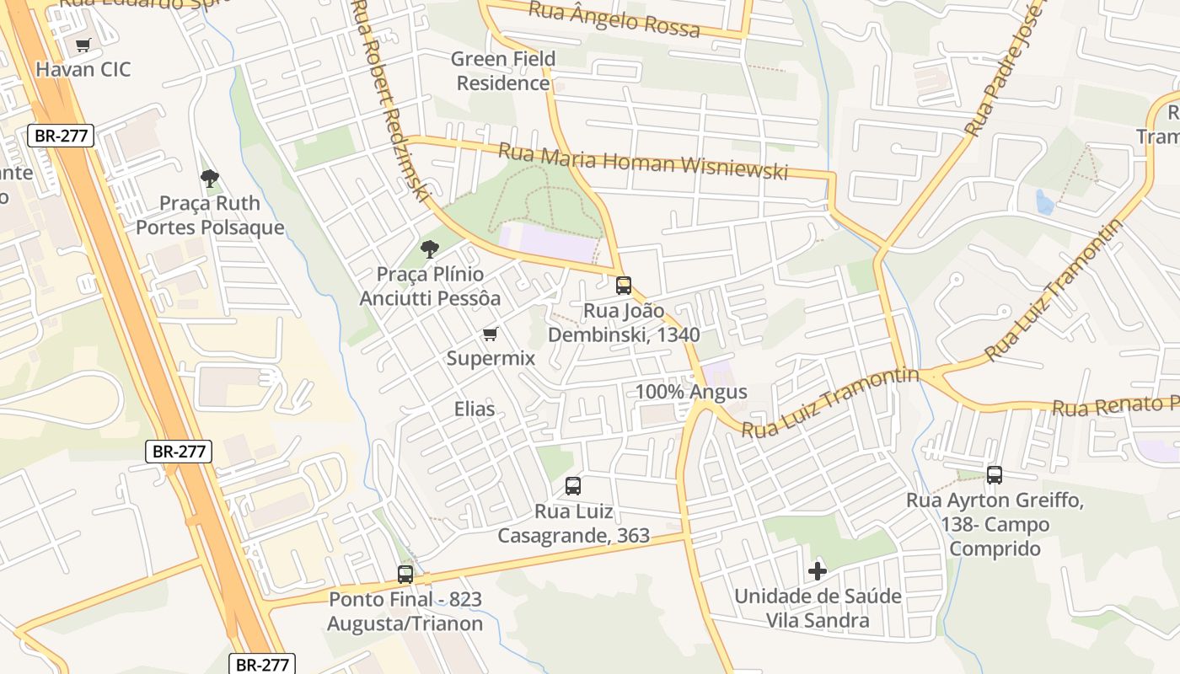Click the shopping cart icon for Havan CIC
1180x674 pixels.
point(83,45)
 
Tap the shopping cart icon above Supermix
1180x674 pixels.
point(490,334)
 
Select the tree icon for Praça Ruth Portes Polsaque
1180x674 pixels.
point(210,178)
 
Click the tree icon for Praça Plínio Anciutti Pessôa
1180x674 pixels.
point(430,249)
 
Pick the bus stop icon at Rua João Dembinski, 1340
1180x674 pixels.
point(624,286)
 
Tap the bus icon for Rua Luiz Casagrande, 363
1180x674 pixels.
point(573,486)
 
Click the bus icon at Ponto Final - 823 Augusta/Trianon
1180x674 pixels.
point(405,575)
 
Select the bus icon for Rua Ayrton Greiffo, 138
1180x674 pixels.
point(995,475)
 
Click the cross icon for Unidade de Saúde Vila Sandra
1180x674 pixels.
point(818,571)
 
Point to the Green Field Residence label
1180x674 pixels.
point(503,71)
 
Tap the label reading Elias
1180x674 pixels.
point(475,409)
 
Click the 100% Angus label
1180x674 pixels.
point(691,392)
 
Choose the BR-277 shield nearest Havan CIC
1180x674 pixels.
point(61,135)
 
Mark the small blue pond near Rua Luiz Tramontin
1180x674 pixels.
point(1044,202)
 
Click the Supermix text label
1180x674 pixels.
point(491,358)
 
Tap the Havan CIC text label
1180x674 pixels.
point(83,69)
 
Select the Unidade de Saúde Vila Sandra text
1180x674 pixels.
point(818,608)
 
